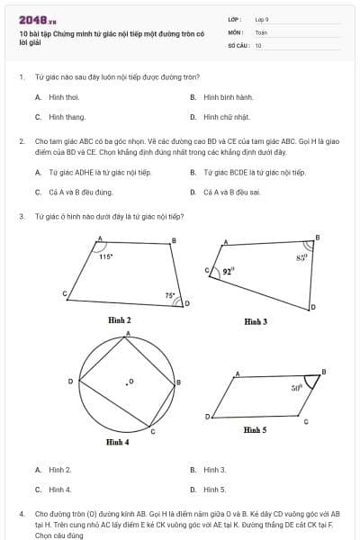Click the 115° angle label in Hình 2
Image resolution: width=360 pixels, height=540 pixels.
105,256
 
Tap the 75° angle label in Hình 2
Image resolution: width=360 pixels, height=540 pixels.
169,294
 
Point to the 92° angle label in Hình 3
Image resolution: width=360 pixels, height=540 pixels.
228,269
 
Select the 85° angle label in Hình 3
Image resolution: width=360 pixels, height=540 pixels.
301,256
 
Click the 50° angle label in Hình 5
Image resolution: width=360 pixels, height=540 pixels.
296,388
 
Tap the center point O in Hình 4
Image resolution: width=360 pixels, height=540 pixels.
129,382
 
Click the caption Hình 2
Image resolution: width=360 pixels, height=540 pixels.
119,319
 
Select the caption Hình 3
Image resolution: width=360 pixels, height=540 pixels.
256,320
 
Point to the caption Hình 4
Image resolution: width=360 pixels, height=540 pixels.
117,442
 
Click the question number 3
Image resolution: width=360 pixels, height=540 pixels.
21,216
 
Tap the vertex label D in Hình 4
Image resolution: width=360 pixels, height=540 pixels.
71,382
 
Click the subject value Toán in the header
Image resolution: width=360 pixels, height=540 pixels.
261,31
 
